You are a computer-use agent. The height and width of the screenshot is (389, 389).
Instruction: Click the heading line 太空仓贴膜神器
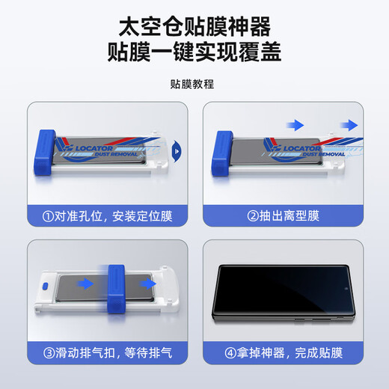pyautogui.click(x=194, y=27)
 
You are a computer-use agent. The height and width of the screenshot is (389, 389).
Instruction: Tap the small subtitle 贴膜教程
pyautogui.click(x=194, y=85)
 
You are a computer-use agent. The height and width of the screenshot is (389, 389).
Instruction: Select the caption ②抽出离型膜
pyautogui.click(x=283, y=217)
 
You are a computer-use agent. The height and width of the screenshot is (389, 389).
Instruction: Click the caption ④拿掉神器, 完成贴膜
pyautogui.click(x=283, y=352)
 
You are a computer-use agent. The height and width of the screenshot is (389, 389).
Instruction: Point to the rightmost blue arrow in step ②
pyautogui.click(x=348, y=124)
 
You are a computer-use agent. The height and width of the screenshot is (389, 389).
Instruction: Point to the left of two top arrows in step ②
pyautogui.click(x=297, y=124)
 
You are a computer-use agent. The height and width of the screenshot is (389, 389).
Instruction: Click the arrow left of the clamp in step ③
pyautogui.click(x=85, y=284)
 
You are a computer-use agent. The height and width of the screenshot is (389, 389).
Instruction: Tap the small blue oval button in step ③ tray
pyautogui.click(x=45, y=285)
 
